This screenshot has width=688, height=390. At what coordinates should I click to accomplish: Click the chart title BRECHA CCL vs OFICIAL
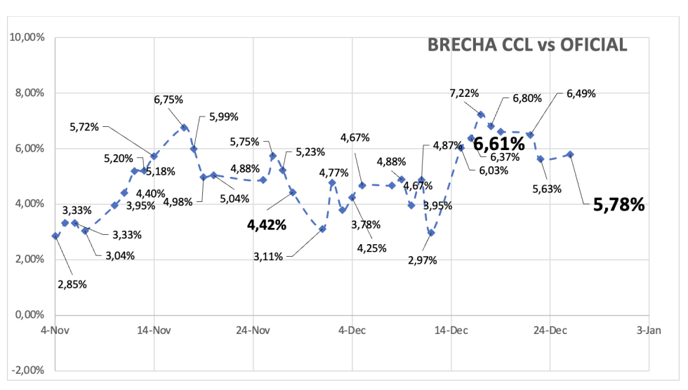[527, 45]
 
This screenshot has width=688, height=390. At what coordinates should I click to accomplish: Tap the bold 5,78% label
[618, 205]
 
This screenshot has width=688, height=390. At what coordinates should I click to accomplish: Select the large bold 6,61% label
[499, 144]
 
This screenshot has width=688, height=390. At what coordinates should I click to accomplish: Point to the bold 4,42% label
[266, 225]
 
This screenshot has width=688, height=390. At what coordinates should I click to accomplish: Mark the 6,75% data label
[168, 100]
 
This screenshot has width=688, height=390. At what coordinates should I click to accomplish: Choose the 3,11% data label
[268, 257]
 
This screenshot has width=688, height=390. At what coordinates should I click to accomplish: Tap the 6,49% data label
[581, 93]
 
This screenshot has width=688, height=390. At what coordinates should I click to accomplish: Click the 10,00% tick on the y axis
[26, 37]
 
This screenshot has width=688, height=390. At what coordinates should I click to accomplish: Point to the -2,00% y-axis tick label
[26, 370]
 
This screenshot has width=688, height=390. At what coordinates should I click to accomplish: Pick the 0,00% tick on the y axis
[28, 314]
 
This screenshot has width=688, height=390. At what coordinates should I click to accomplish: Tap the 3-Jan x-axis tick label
[647, 330]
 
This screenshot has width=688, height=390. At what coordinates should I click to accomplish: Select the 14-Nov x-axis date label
[153, 330]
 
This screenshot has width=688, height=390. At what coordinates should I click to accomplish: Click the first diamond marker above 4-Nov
[55, 236]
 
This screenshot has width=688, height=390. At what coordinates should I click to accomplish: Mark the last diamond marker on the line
[570, 154]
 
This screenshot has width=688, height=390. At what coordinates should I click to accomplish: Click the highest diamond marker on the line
[481, 114]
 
